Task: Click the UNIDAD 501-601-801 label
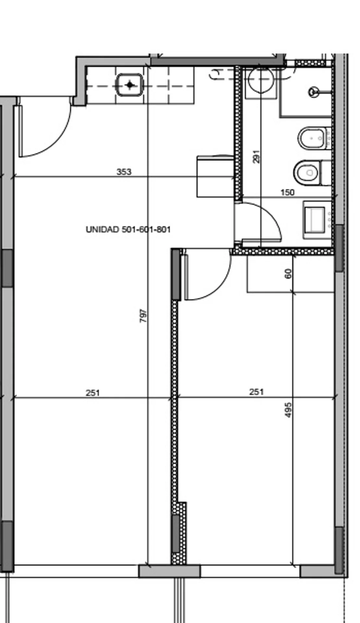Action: (x=128, y=230)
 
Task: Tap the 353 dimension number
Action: (x=124, y=172)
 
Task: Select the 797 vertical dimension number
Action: (x=143, y=316)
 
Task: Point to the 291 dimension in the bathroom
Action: (x=256, y=156)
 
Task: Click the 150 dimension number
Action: (x=287, y=192)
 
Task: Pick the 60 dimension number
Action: (x=288, y=273)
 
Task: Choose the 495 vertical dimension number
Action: (x=288, y=410)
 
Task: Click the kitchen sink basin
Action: (x=130, y=85)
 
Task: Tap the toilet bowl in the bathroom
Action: (x=307, y=172)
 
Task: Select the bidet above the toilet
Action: (x=312, y=139)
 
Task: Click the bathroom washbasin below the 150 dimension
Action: (x=314, y=220)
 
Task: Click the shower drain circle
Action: (x=314, y=92)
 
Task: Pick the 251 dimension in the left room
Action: (x=93, y=393)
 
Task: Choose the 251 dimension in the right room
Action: (x=256, y=392)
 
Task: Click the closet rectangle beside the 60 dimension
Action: (x=291, y=274)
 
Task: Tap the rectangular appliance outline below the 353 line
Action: (x=216, y=177)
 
